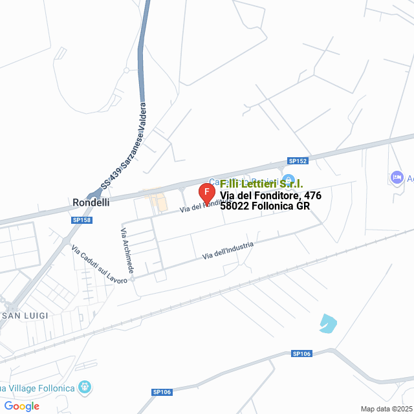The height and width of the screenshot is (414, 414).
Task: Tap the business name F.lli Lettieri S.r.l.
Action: click(x=261, y=184)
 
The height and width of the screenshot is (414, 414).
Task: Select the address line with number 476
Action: click(x=270, y=195)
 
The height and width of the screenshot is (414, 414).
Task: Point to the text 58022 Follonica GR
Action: click(x=265, y=206)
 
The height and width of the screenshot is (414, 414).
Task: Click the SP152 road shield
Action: click(x=298, y=160)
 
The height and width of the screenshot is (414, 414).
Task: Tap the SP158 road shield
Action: click(x=81, y=221)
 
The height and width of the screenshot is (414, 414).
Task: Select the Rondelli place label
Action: click(x=91, y=202)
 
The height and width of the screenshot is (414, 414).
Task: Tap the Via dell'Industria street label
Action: click(x=228, y=250)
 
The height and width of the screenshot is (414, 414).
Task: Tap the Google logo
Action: click(x=21, y=406)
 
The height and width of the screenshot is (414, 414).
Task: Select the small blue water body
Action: click(x=328, y=323)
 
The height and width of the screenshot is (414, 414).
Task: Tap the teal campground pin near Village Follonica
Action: click(x=84, y=388)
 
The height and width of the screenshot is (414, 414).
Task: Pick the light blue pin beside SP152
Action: click(x=289, y=180)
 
